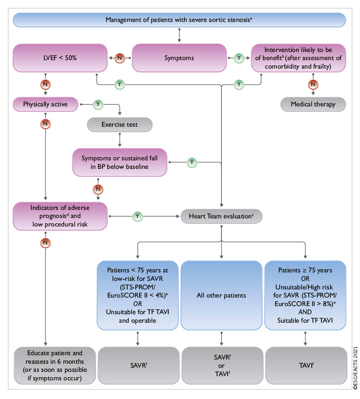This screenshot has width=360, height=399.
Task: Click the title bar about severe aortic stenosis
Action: tap(179, 19)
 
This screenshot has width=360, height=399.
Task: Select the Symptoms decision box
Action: tap(179, 58)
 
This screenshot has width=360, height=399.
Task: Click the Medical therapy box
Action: tap(313, 104)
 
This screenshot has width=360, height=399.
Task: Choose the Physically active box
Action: tap(45, 104)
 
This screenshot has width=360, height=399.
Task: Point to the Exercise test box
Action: tap(119, 125)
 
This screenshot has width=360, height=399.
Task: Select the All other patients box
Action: tap(221, 295)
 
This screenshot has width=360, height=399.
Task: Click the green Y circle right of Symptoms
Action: tap(239, 58)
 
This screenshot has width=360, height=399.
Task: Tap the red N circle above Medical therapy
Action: tap(313, 84)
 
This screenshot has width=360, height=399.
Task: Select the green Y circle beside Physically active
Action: tap(98, 104)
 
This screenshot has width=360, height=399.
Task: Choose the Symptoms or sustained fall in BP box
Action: tap(119, 162)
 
